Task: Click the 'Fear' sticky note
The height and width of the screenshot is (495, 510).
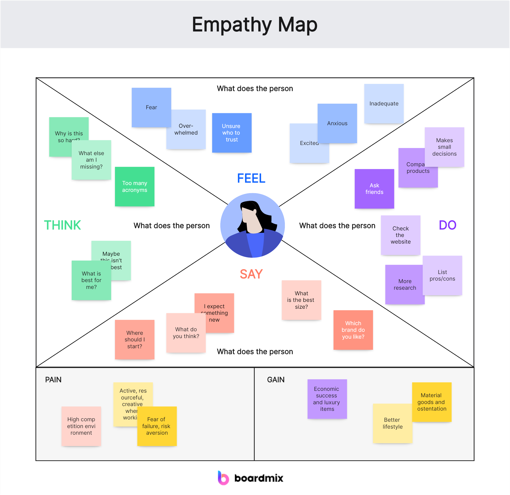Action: pos(151,107)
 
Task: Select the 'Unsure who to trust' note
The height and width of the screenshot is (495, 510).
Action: pos(232,133)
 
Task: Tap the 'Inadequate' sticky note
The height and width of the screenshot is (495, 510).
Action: pos(384,103)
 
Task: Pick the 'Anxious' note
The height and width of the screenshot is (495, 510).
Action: pos(337,123)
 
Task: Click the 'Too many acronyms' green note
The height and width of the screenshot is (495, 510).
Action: pos(134,187)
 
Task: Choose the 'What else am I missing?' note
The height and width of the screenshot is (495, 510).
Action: pos(91,160)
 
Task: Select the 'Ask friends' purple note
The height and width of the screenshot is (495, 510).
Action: pos(374,189)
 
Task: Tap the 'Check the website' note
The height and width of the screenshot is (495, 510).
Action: pos(400,235)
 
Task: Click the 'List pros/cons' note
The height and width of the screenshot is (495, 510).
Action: pos(442,275)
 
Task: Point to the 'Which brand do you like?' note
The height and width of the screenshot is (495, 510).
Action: pos(353,330)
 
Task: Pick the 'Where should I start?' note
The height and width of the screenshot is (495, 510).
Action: pos(134,339)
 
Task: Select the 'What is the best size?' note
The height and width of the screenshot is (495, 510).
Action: pos(301,300)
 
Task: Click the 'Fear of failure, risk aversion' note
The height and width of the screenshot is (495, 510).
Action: pos(157,426)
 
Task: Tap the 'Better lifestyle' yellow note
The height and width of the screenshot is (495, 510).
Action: pos(393,423)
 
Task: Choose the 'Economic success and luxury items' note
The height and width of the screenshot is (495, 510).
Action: pos(327,399)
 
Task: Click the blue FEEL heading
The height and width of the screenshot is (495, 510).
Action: pos(251,178)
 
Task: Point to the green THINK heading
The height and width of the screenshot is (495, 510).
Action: pos(63,225)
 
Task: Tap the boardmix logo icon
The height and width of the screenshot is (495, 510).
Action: pos(223,478)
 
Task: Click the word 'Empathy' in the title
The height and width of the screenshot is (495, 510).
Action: pos(232,25)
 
